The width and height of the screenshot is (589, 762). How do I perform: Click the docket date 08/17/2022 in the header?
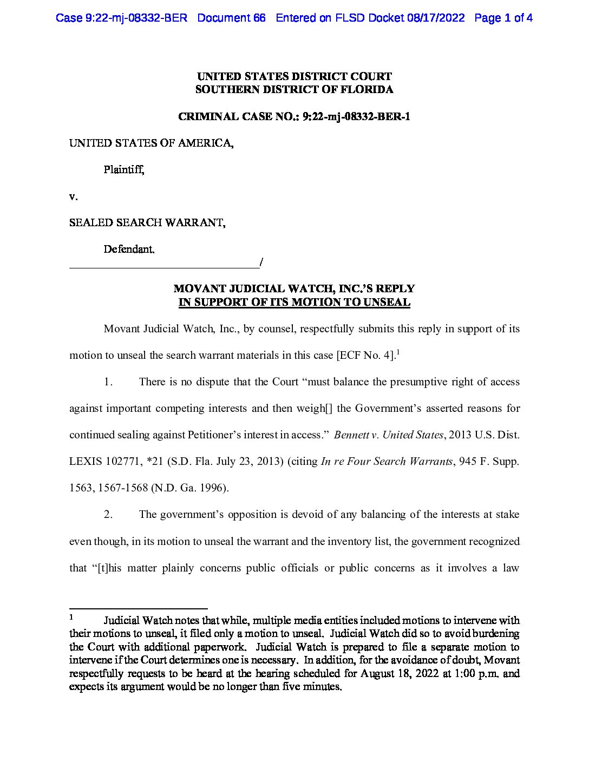point(436,18)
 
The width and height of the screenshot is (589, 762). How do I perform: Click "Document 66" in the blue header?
point(231,18)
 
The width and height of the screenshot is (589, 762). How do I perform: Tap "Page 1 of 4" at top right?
point(503,18)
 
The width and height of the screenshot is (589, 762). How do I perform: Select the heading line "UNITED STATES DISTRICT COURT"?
point(294,76)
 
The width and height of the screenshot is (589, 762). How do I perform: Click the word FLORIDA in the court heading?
point(367,89)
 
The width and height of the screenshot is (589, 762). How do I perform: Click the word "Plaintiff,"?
point(124,169)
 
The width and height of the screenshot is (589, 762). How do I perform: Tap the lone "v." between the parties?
point(73,196)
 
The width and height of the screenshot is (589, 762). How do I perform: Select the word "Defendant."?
point(129,249)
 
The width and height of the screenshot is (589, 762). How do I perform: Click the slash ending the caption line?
point(261,262)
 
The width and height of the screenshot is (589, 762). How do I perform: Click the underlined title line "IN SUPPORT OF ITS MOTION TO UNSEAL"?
point(294,302)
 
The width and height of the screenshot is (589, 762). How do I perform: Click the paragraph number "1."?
point(108,382)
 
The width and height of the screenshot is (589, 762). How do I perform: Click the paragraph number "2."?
point(108,515)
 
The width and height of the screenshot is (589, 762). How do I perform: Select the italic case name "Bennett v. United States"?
point(389,435)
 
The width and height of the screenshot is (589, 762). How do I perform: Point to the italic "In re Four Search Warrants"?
point(387,462)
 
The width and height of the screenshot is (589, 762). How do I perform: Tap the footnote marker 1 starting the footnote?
point(71,616)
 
